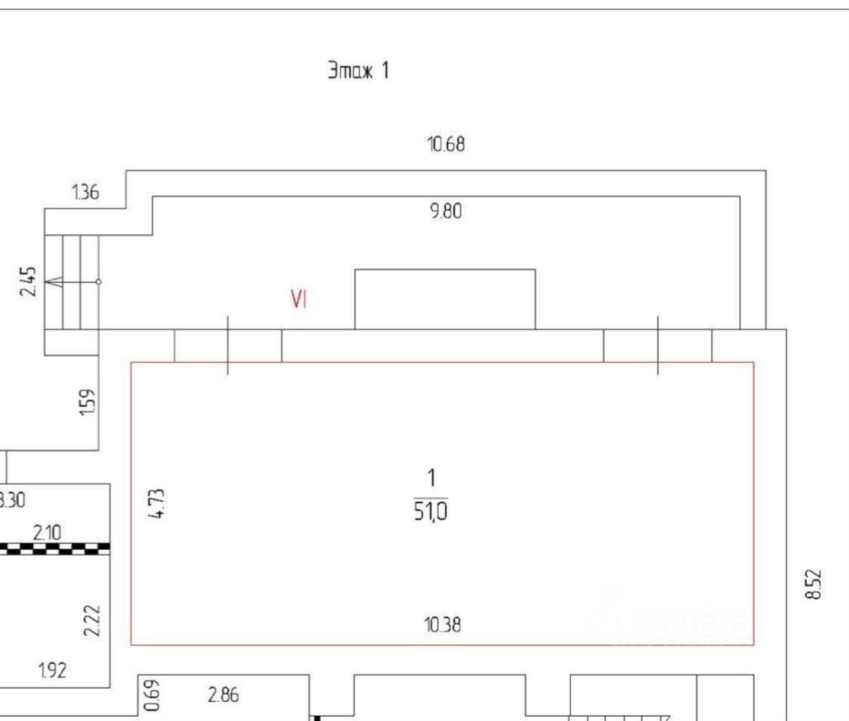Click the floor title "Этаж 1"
[x=358, y=71]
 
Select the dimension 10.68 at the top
[x=446, y=145]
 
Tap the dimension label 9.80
[x=446, y=212]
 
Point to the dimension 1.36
[x=85, y=193]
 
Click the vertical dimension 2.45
[x=29, y=282]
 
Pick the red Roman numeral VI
[x=299, y=300]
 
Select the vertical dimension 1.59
[x=89, y=403]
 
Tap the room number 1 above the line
[x=430, y=478]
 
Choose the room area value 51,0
[x=431, y=513]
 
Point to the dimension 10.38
[x=444, y=625]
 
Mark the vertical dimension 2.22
[x=93, y=620]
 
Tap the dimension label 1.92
[x=52, y=671]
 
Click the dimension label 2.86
[x=223, y=695]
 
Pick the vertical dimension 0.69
[x=151, y=695]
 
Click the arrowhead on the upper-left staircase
[x=53, y=282]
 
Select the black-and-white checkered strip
[x=55, y=547]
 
